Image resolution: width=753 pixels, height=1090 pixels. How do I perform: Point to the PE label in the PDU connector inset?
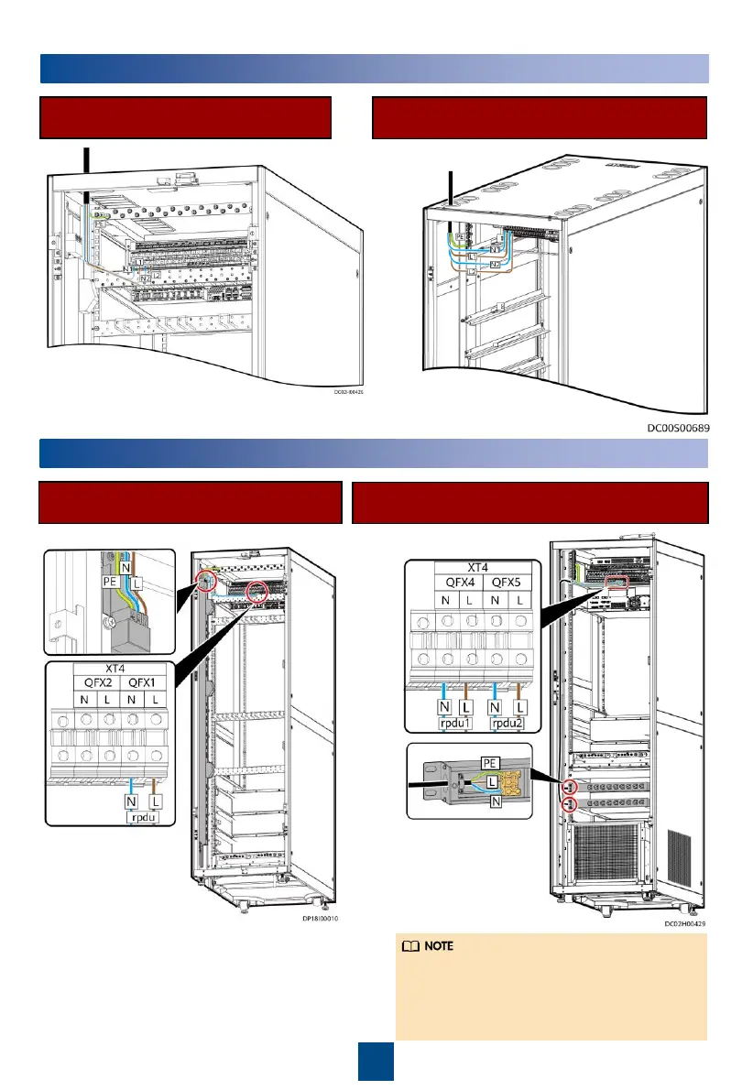tap(491, 762)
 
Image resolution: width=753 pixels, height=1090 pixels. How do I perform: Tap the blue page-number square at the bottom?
tap(376, 1062)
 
